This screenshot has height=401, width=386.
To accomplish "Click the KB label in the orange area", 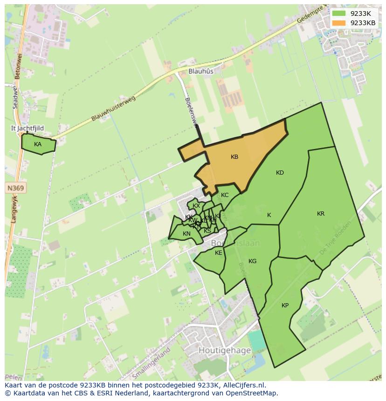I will tap(234, 157).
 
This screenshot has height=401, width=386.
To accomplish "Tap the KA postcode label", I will tap(38, 144).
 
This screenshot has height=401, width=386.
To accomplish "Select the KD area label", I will tap(280, 173).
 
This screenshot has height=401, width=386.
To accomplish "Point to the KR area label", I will tap(321, 214).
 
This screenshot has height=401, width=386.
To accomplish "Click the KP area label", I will tap(285, 306).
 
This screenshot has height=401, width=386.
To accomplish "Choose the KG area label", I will tap(252, 261).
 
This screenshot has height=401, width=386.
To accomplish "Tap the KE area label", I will tap(219, 253).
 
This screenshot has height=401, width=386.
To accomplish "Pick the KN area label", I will tap(186, 234).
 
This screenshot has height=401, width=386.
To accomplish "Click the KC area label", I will tap(225, 195).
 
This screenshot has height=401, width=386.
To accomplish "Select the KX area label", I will tap(196, 206).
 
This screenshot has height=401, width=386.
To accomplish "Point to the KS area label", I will tap(207, 231).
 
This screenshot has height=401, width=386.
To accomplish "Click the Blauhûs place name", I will tap(201, 71).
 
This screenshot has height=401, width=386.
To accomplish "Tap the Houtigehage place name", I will tap(225, 350).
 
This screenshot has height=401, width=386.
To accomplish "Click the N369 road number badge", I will tap(16, 188).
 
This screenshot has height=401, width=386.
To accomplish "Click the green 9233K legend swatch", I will tap(339, 14).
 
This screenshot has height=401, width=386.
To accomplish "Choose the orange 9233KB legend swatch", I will tap(339, 23).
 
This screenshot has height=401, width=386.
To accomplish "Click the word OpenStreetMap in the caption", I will tap(251, 393).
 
